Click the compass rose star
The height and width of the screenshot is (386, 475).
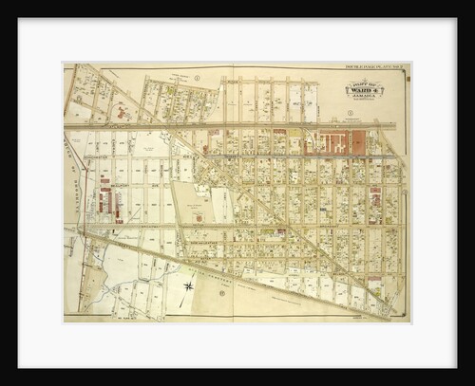[189, 285]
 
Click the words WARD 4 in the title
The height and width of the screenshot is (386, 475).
[364, 90]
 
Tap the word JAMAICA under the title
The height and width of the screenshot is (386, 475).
[364, 97]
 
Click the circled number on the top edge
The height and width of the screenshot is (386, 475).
[197, 76]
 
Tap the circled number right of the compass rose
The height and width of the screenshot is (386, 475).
[222, 292]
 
